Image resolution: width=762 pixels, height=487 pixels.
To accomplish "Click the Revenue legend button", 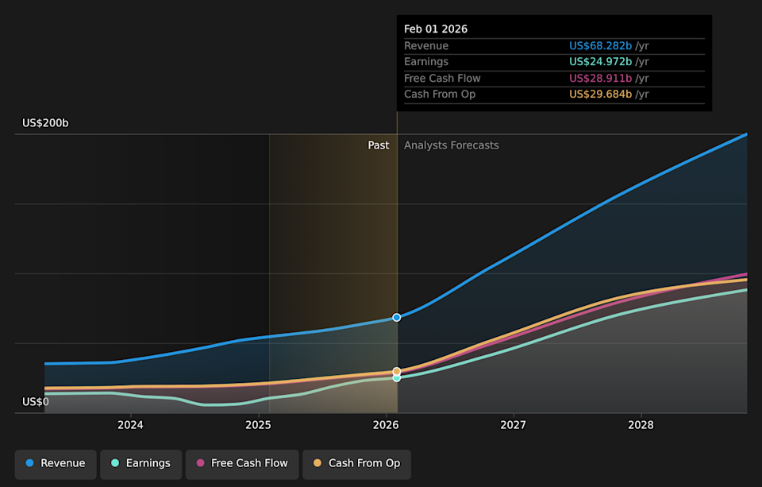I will tap(56, 463).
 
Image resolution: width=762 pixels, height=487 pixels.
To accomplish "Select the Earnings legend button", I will tap(140, 463).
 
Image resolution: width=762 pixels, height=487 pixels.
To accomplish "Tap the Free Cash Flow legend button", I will tap(242, 463).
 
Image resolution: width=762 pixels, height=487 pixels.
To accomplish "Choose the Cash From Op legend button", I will tap(356, 463).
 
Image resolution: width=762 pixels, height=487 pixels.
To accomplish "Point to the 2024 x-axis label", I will tap(130, 425).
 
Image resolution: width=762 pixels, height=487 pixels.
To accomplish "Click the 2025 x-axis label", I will tap(258, 425).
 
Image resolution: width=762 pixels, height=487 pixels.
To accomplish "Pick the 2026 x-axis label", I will tap(386, 425).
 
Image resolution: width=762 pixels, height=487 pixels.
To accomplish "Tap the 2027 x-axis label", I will tap(514, 425).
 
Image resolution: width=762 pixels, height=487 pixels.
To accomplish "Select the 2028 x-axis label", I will tap(641, 425).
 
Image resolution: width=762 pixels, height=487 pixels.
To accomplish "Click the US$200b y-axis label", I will tap(45, 123).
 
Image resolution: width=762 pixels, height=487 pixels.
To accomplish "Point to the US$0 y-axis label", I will tap(36, 402).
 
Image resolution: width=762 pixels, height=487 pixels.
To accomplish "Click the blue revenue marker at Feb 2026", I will tap(397, 317).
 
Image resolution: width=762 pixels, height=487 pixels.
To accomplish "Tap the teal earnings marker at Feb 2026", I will tap(397, 377).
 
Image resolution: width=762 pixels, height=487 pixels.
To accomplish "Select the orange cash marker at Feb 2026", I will tap(397, 371).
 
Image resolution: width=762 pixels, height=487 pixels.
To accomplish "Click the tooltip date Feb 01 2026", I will tap(436, 29).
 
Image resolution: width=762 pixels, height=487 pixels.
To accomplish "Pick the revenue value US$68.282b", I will tap(600, 46).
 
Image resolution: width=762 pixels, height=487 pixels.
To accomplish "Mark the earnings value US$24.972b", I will tap(600, 62).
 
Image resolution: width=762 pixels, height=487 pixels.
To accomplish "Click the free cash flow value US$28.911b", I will tap(600, 79).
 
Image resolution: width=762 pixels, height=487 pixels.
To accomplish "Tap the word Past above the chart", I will tap(379, 145).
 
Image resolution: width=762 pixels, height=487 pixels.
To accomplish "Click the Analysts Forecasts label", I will tap(452, 145).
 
